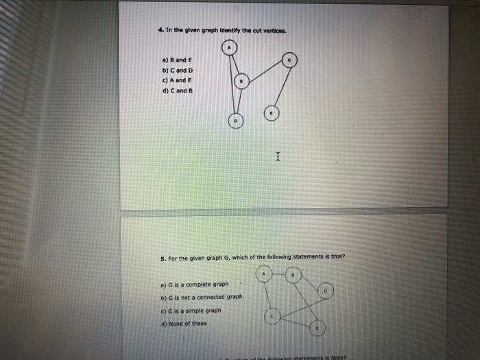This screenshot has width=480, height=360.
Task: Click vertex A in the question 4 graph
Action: [x=230, y=47]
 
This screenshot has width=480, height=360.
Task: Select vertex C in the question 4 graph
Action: [x=290, y=60]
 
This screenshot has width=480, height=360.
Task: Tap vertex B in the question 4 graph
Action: [x=241, y=82]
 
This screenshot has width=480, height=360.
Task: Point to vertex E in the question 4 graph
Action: [x=272, y=113]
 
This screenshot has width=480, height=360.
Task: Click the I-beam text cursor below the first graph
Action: [x=278, y=157]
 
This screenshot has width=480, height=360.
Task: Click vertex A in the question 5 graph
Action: [x=265, y=275]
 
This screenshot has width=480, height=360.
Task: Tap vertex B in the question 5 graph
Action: [x=293, y=276]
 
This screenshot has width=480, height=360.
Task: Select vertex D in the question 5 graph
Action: [x=326, y=291]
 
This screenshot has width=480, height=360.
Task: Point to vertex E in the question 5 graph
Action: [x=317, y=329]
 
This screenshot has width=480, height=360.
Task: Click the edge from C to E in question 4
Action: [x=281, y=85]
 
